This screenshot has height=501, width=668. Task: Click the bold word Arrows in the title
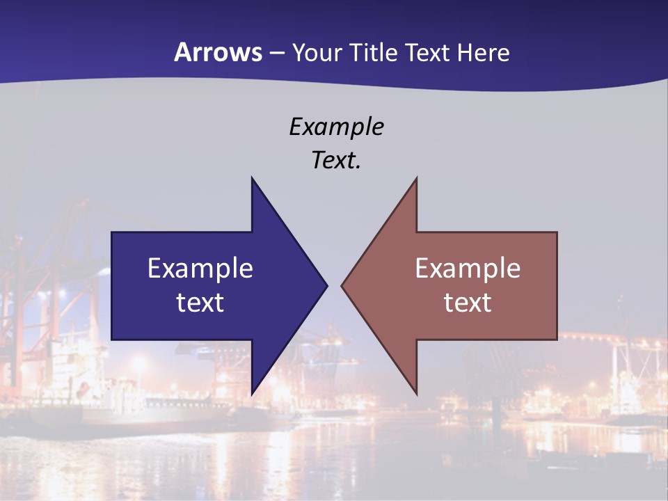[218, 52]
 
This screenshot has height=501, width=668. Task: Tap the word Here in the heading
[484, 52]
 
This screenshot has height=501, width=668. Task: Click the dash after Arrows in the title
[276, 54]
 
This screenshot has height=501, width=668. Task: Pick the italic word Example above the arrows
[336, 127]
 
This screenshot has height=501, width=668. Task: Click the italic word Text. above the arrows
[336, 161]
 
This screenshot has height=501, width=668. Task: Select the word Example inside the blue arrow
[200, 268]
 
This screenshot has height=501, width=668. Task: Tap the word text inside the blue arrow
[200, 302]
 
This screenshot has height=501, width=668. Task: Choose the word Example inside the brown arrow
[468, 268]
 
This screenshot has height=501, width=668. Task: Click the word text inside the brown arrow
[468, 302]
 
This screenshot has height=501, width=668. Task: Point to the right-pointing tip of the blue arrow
[326, 285]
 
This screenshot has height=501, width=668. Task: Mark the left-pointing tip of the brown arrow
[342, 285]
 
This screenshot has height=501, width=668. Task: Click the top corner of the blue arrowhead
[252, 177]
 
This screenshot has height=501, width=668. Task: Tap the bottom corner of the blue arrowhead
[252, 394]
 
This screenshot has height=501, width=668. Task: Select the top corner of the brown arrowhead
[416, 177]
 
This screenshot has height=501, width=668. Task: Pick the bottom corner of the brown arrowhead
[416, 394]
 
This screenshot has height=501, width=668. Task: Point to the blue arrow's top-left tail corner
[112, 232]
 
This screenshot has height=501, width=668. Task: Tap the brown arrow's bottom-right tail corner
[557, 340]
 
